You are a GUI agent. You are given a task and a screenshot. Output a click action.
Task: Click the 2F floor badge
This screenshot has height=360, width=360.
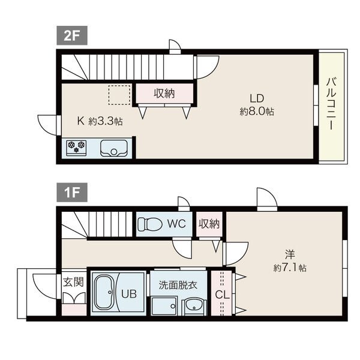coord(72,34)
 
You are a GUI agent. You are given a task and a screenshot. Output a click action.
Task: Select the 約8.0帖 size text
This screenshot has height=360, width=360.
coord(257,111)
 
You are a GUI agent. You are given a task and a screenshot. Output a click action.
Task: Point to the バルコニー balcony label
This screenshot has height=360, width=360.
coord(331,104)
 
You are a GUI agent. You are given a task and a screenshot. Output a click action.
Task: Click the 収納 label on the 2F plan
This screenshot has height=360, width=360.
coord(164,94)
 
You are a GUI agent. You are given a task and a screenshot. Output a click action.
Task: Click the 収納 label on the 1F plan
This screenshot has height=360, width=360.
coord(209,224)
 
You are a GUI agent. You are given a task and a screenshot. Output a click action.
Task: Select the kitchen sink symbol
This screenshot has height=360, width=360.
coord(114,148)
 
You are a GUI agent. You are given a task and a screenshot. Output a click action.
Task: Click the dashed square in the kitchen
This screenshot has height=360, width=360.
coord(119,95)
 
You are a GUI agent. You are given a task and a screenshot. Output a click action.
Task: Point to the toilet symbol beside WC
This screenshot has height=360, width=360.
coord(149,224)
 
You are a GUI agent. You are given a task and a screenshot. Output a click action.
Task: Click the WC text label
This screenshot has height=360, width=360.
coord(175,224)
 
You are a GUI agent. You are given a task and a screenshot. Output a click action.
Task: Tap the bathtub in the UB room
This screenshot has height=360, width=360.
coord(108,293)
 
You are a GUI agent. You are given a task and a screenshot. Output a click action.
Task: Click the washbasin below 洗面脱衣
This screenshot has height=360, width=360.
coord(194,306)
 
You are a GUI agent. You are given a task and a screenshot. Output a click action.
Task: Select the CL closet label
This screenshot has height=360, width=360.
coord(221,295)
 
